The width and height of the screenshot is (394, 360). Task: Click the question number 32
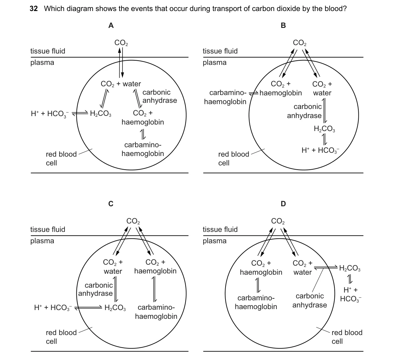[x=34, y=9]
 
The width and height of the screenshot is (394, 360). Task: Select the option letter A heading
[x=111, y=25]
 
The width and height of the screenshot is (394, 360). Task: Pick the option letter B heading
[x=283, y=25]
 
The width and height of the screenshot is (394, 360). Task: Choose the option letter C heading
[x=111, y=204]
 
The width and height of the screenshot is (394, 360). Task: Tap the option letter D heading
[x=283, y=204]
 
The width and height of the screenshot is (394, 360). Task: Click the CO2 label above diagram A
[x=121, y=43]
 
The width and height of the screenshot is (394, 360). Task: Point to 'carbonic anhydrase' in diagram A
[x=160, y=96]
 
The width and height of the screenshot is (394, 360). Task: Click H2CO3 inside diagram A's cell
[x=100, y=114]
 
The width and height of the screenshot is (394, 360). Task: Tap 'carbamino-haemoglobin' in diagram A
[x=143, y=149]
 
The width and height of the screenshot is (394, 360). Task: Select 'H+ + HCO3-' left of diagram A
[x=50, y=114]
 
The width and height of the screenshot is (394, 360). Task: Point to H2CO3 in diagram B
[x=324, y=129]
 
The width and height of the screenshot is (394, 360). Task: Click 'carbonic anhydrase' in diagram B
[x=305, y=111]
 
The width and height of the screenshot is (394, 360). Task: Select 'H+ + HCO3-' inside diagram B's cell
[x=320, y=150]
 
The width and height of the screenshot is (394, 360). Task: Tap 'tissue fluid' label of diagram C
[x=48, y=229]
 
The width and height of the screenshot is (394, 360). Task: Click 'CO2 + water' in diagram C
[x=113, y=267]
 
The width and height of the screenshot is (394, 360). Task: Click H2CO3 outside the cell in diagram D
[x=350, y=268]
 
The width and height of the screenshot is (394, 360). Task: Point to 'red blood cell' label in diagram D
[x=347, y=337]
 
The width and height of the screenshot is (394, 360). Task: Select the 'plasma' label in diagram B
[x=215, y=63]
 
